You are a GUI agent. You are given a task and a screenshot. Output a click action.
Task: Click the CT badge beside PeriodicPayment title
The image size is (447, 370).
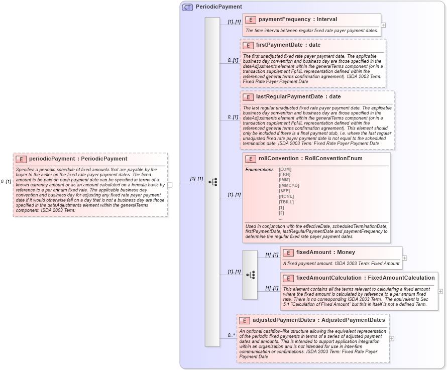tap(187, 7)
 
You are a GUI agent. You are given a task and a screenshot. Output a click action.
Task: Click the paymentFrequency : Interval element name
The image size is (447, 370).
tap(297, 20)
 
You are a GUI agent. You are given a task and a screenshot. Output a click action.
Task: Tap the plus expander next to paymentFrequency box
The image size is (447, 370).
tap(383, 25)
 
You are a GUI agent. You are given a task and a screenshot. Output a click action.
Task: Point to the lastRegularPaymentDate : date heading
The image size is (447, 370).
tap(298, 97)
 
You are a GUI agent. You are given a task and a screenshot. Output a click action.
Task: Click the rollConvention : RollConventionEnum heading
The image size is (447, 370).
tap(310, 159)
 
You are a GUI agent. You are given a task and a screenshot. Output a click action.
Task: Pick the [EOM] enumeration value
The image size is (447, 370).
tap(285, 170)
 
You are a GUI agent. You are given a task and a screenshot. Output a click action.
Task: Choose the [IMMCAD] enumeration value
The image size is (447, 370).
tap(289, 186)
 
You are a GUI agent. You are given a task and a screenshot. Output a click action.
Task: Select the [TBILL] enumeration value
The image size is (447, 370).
tap(286, 202)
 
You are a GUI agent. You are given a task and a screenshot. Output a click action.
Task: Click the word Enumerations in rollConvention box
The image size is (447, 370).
tap(259, 170)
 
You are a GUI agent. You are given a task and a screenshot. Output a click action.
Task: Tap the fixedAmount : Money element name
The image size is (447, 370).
tap(325, 253)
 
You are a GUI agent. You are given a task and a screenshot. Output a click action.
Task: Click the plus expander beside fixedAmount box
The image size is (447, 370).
tap(405, 258)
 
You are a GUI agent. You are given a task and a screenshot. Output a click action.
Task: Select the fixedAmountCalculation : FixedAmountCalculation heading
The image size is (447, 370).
tap(365, 278)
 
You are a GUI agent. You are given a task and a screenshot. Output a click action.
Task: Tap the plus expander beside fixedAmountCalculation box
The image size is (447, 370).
tap(440, 291)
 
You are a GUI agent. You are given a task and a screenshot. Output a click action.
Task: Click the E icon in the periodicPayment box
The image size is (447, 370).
tap(21, 159)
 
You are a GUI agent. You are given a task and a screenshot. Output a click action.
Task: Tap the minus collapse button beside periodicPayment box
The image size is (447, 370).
tap(170, 184)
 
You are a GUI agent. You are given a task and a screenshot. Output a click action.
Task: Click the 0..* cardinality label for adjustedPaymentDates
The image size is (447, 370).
tap(231, 335)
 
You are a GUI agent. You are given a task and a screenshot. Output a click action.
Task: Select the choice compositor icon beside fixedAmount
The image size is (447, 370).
tap(250, 275)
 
